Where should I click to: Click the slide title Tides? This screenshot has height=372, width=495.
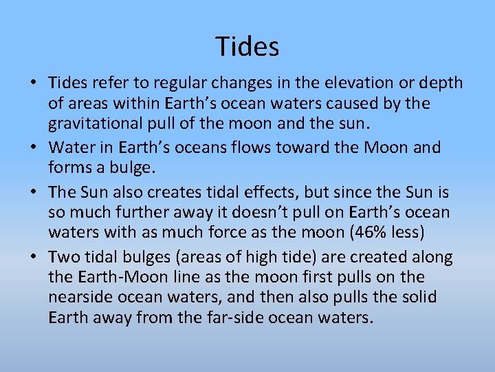pyautogui.click(x=247, y=46)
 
